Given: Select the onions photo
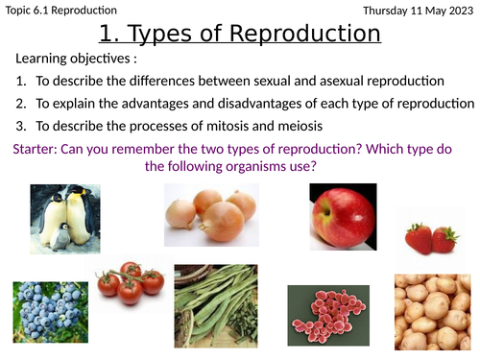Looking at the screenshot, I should point(210,217).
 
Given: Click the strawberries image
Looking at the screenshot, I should point(432,235).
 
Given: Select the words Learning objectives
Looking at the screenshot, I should point(76,61).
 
